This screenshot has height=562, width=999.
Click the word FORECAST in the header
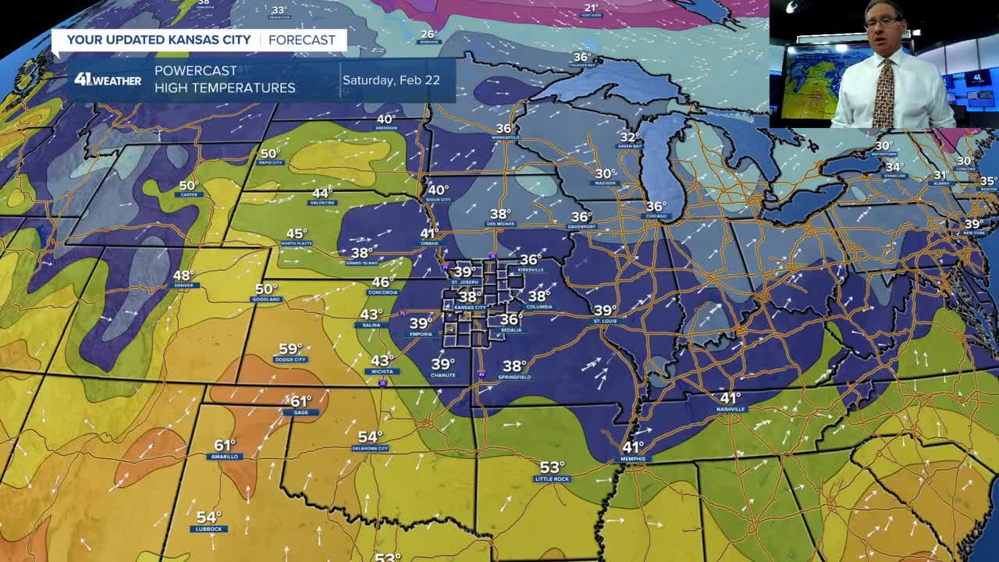click(302, 40)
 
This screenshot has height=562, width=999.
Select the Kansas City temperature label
click(470, 301)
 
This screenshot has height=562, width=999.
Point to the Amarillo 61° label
click(225, 449)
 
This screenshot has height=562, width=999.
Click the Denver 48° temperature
click(184, 279)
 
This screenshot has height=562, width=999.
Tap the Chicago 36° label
click(656, 210)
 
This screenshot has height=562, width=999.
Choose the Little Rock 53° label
click(552, 471)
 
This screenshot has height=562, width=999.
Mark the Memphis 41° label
click(633, 450)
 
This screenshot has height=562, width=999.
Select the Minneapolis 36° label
click(505, 132)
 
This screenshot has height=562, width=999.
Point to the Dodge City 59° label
click(290, 353)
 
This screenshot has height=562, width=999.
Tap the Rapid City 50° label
click(270, 157)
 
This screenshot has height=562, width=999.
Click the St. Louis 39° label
click(605, 314)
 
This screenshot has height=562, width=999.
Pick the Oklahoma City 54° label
click(370, 441)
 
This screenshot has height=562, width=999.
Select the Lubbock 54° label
click(208, 521)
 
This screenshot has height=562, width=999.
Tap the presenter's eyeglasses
click(882, 23)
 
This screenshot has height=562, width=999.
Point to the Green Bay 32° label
click(630, 140)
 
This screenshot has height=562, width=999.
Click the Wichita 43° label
click(382, 364)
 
